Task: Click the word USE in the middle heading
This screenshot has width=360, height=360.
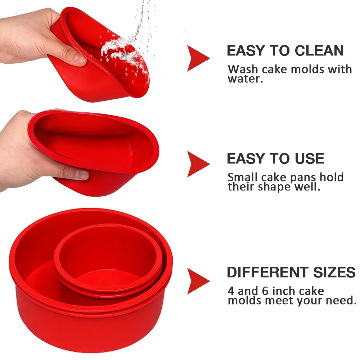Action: tap(307, 159)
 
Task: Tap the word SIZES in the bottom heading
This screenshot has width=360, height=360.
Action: tap(334, 273)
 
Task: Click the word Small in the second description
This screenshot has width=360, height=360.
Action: tap(242, 177)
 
